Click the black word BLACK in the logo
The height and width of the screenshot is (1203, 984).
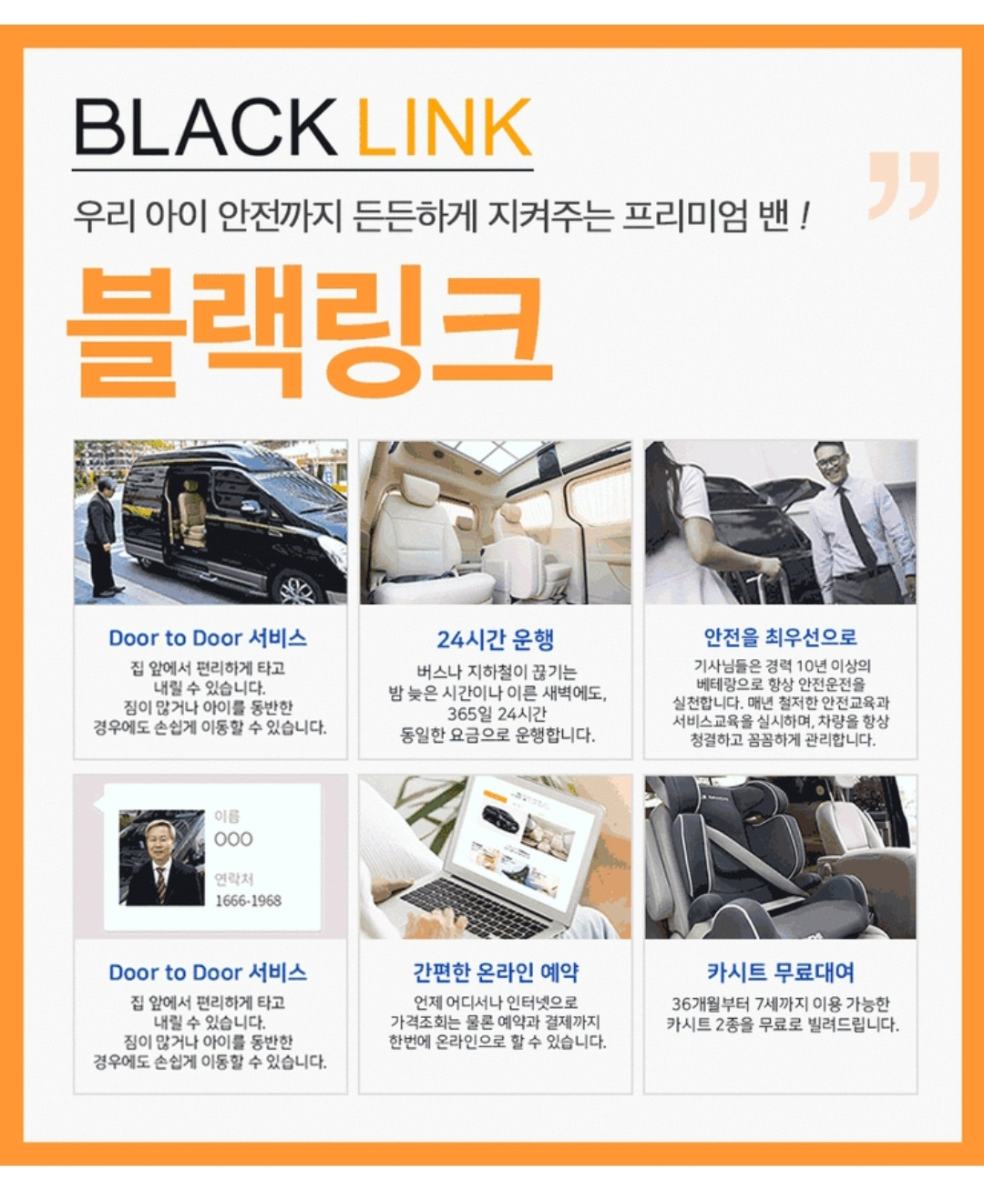point(205,127)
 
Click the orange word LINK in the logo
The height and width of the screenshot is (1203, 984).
point(445,127)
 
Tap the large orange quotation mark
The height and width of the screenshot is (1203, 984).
point(904,186)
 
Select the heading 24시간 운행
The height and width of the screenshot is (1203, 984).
point(495,640)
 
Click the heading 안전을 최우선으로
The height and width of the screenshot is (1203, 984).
point(780,636)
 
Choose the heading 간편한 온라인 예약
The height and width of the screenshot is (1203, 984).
point(496,972)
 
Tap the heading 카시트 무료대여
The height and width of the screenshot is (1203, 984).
point(780,972)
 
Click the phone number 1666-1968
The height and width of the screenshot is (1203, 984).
point(248,901)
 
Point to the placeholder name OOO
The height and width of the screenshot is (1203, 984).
point(233,839)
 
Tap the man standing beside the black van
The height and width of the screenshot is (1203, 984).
point(103,537)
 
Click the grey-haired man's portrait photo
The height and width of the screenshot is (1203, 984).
point(162,858)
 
